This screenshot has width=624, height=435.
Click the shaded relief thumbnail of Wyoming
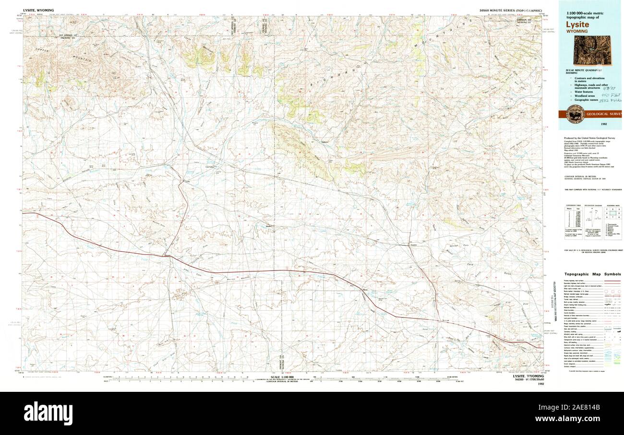592,50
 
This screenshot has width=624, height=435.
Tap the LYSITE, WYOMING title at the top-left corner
38,10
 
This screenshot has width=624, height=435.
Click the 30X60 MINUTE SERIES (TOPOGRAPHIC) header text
510,10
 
